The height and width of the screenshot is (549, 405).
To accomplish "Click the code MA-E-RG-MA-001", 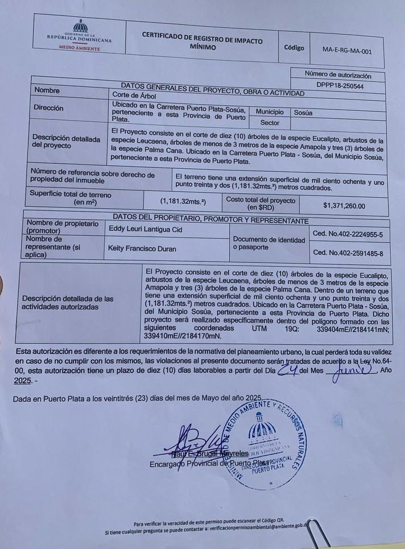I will [x=346, y=51].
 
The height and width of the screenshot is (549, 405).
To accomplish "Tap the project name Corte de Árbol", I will [x=132, y=95].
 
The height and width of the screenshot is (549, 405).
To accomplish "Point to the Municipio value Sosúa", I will [x=303, y=113].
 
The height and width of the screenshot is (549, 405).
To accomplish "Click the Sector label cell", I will [x=270, y=122].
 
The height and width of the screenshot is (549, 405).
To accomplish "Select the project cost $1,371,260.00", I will [x=344, y=206].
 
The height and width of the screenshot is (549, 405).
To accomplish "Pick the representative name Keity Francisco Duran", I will [x=142, y=248].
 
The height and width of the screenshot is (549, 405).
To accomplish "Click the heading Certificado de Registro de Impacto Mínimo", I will [x=202, y=41].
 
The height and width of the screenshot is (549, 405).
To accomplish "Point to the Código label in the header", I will [x=294, y=48].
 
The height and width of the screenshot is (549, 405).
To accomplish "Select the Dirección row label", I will [x=49, y=108].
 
